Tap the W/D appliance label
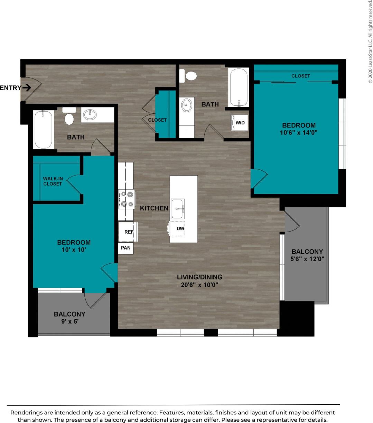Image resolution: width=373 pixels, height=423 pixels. (x=240, y=123)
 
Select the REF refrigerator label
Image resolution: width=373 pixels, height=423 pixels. (x=129, y=232)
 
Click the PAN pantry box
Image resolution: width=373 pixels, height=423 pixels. (x=125, y=248)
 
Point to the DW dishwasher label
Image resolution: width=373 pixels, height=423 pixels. (x=180, y=228)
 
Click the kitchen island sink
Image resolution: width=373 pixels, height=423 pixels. (x=178, y=209)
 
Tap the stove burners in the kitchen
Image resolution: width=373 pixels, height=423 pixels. (x=126, y=199)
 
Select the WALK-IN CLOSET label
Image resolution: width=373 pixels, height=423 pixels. (x=53, y=181)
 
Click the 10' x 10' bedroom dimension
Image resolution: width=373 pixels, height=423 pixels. (x=74, y=250)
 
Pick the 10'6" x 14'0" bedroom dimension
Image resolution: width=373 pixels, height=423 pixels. (x=299, y=132)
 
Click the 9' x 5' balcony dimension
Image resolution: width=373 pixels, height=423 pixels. (x=69, y=321)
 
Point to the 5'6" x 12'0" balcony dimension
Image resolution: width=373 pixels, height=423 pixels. (x=307, y=259)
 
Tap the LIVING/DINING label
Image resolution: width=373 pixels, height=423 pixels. (x=199, y=277)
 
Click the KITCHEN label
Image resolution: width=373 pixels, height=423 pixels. (x=154, y=208)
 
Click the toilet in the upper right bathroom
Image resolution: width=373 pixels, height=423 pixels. (x=190, y=75)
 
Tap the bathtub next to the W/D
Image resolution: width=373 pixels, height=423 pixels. (x=239, y=87)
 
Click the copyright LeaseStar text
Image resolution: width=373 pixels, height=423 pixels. (x=370, y=41)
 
